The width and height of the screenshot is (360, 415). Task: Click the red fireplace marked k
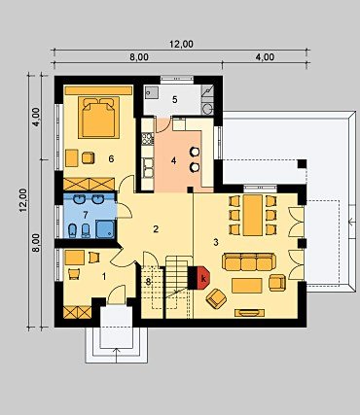point(203,278)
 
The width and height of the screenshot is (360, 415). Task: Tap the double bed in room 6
point(98,118)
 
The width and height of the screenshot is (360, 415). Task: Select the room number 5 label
point(175,100)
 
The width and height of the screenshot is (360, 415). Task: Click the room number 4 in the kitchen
point(173,160)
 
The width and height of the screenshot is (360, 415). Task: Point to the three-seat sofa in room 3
point(249,261)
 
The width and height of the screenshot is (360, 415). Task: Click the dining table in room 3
point(253,215)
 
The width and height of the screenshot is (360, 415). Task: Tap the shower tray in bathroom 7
point(105,228)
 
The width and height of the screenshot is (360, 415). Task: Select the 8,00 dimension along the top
point(139,57)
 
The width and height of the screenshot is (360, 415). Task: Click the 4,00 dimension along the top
point(265,57)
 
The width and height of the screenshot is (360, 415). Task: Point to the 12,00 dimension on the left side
point(23,200)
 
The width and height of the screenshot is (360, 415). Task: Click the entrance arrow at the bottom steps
point(117,355)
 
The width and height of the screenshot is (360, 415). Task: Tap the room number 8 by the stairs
point(148,282)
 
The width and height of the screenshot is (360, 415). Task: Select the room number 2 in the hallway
point(156,229)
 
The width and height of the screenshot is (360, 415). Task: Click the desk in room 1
point(75,258)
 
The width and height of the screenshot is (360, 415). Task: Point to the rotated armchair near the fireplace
point(216,298)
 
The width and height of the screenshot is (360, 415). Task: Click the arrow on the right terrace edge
point(352,222)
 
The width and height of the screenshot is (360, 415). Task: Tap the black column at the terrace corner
point(302,163)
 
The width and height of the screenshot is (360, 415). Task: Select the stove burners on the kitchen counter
point(148,140)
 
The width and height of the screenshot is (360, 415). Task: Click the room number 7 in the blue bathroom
point(86,215)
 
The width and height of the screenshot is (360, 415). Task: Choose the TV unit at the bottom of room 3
point(249,313)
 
